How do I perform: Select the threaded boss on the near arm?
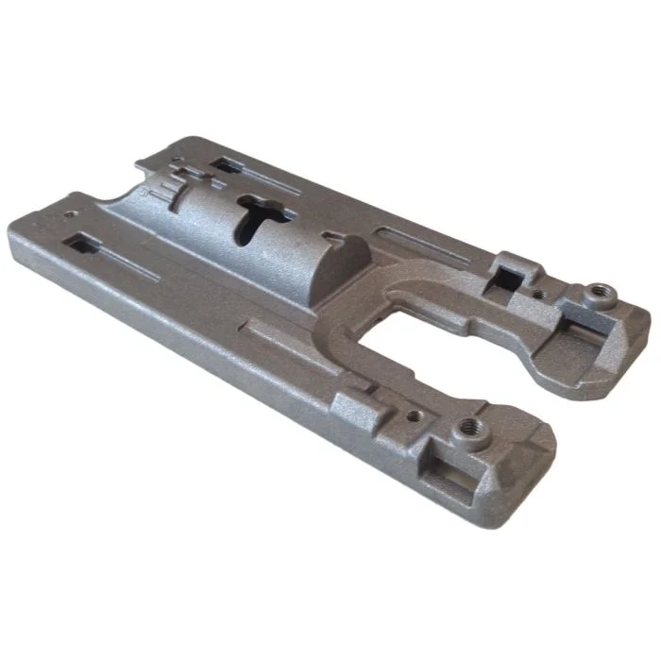click(x=469, y=433)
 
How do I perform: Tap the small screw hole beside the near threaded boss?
click(x=414, y=413)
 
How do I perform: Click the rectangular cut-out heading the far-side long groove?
click(x=224, y=164)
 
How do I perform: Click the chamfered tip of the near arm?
click(x=529, y=463)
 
